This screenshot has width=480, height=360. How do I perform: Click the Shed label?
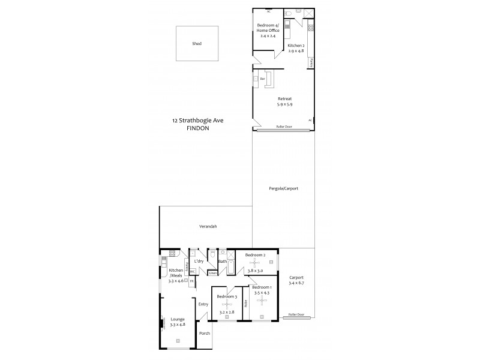click(x=196, y=44)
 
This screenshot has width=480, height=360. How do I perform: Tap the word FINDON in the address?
click(x=197, y=128)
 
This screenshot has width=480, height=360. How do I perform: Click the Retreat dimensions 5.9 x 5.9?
click(x=284, y=105)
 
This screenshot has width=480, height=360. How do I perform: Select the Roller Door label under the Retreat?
click(x=284, y=127)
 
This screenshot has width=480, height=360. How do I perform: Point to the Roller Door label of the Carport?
click(x=296, y=314)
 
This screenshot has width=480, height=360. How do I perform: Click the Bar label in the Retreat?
click(x=262, y=79)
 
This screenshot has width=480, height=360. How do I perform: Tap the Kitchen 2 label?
click(x=296, y=46)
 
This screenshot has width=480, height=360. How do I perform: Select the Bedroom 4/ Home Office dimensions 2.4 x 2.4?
click(x=268, y=37)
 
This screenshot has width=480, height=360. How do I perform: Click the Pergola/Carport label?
click(x=284, y=188)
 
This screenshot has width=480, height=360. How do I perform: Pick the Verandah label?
click(x=208, y=226)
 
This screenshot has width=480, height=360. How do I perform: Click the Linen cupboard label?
click(x=213, y=274)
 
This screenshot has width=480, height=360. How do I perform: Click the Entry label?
click(x=203, y=304)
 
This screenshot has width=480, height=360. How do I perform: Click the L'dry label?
click(x=199, y=262)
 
